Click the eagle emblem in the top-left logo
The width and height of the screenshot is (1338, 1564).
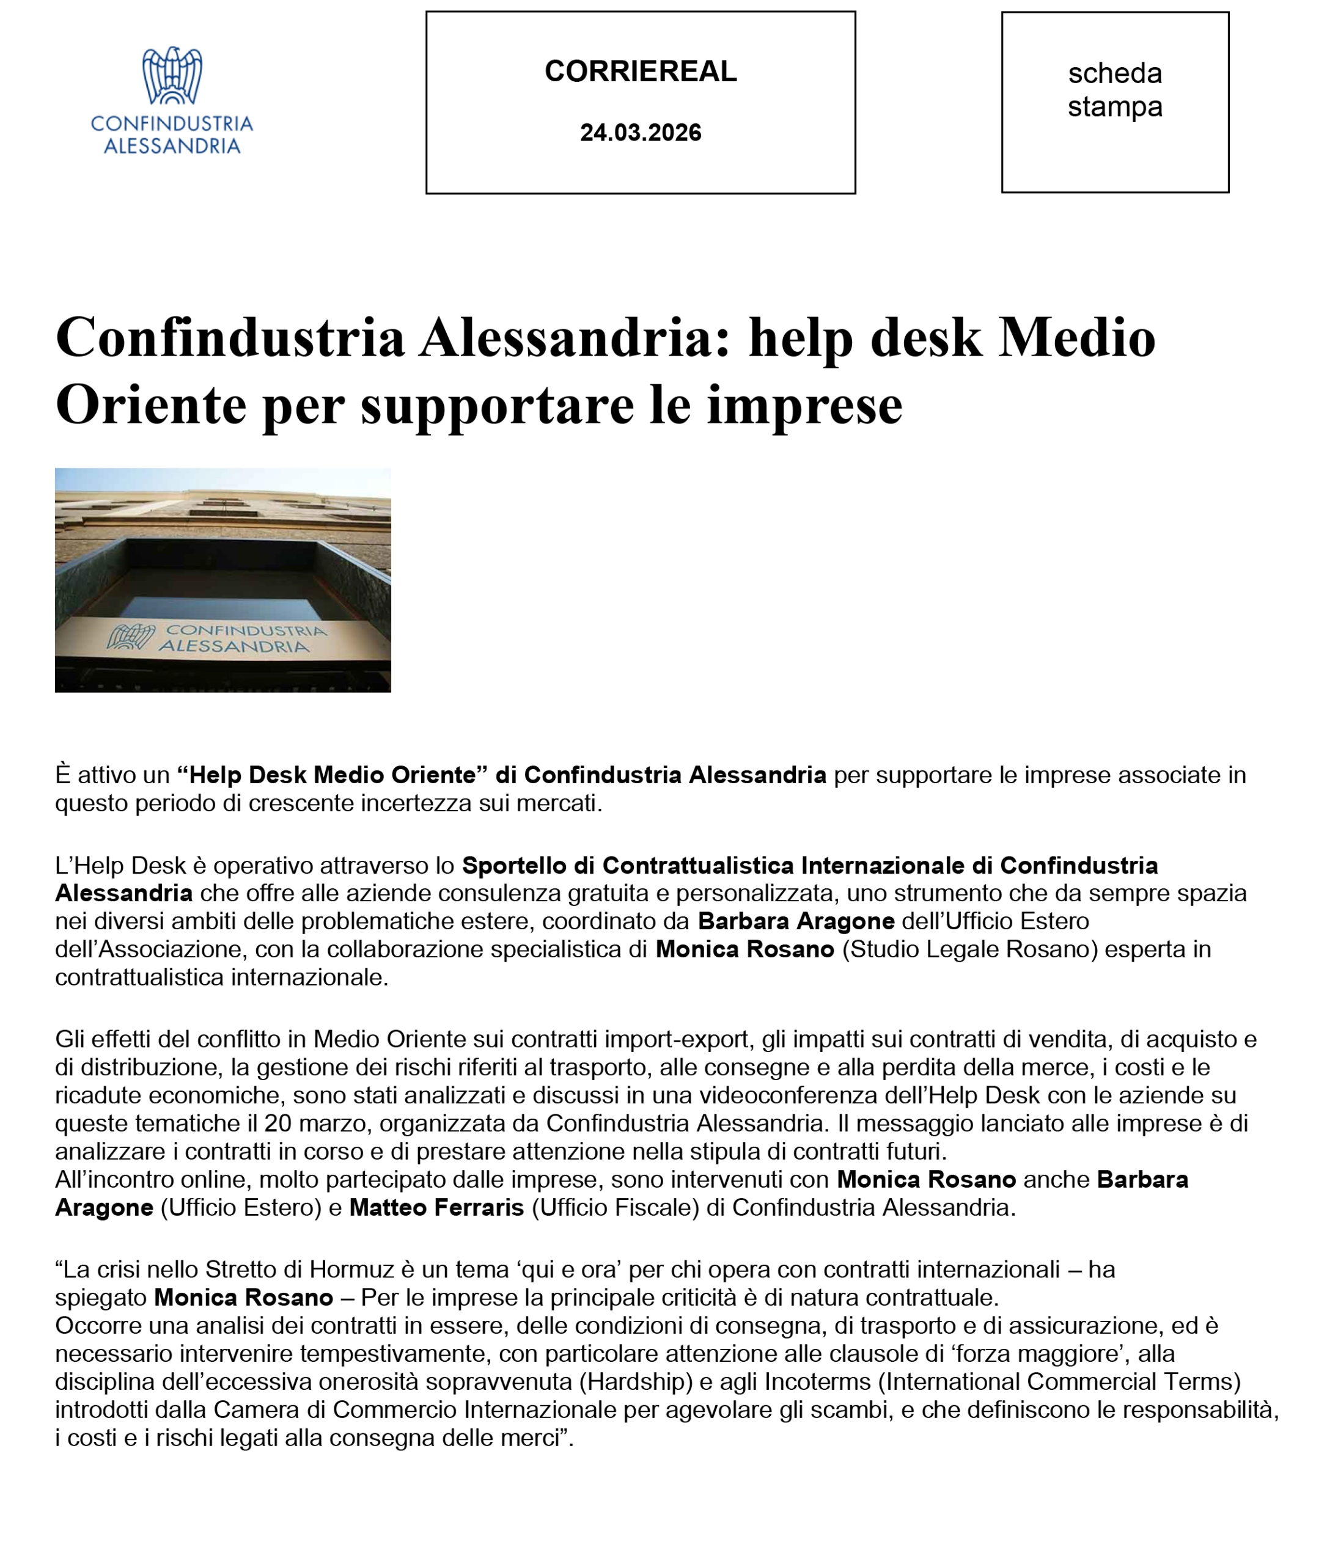[172, 76]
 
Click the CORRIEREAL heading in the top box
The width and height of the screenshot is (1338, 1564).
[641, 71]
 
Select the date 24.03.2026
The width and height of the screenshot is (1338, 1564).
[641, 133]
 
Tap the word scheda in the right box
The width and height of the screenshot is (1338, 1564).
[1114, 74]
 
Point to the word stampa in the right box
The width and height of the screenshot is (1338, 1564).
[1114, 107]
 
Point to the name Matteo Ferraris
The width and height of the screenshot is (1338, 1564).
[436, 1208]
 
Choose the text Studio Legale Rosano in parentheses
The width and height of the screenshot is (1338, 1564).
[969, 949]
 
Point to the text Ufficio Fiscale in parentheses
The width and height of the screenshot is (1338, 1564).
[616, 1208]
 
